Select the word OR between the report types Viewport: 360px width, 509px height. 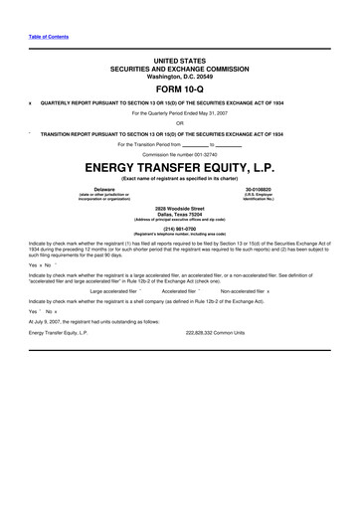180,123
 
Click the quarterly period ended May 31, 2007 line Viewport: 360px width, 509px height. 180,113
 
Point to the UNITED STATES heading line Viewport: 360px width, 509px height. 180,59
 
